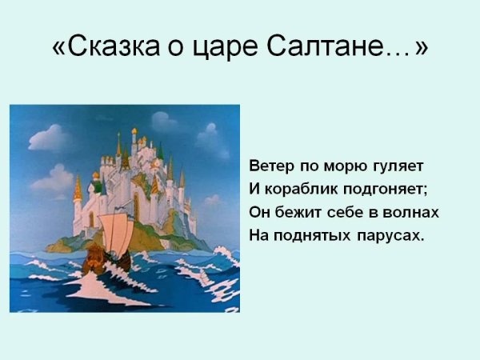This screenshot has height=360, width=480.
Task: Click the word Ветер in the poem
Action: coord(271,166)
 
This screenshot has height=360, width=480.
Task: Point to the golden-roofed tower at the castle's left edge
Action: coord(78,192)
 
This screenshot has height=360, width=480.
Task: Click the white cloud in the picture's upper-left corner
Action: coord(48,138)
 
